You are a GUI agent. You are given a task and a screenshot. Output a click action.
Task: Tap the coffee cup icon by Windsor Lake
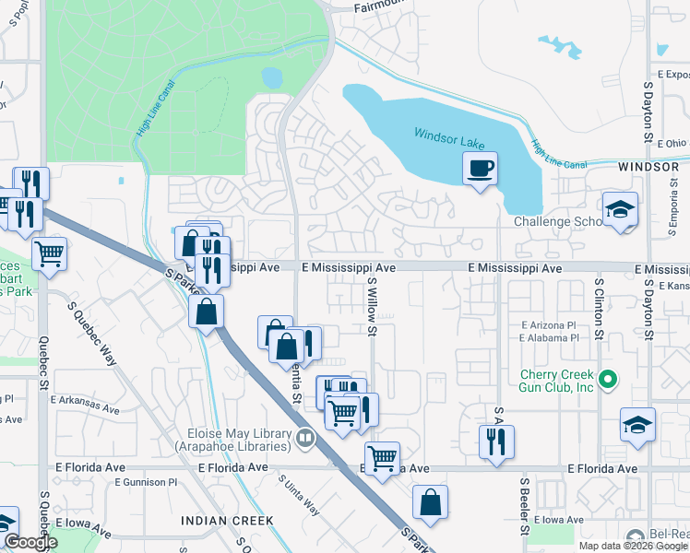click(x=480, y=170)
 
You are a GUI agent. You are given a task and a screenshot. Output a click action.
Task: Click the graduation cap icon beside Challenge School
click(x=620, y=209)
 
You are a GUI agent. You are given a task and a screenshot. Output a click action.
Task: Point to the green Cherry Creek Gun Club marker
click(x=608, y=379)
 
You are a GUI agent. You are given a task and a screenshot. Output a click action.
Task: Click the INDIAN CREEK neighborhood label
click(x=227, y=521)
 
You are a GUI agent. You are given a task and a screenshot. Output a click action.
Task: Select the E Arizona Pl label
click(x=548, y=325)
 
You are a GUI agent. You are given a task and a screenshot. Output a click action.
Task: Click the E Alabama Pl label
click(x=548, y=338)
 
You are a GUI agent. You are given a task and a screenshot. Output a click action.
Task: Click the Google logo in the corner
click(x=30, y=542)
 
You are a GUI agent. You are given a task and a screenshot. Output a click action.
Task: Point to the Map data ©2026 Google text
click(x=633, y=546)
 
